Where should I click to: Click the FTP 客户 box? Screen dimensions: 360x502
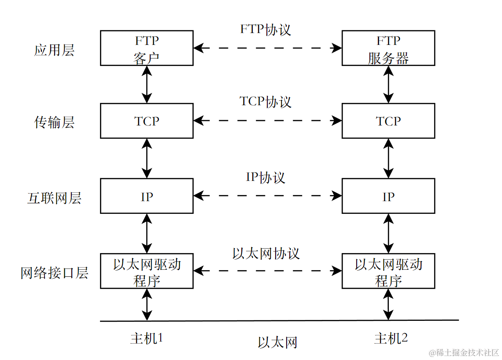[147, 48]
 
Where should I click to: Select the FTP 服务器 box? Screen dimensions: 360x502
[388, 48]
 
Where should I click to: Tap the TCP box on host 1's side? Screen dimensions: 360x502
[147, 121]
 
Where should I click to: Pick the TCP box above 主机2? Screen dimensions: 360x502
[388, 121]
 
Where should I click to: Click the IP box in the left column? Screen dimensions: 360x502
[147, 196]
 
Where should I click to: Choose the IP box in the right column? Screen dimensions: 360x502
[388, 196]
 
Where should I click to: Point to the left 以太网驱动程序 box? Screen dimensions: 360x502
[147, 271]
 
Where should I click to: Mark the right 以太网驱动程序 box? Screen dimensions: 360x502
[388, 271]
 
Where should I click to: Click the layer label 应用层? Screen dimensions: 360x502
[54, 50]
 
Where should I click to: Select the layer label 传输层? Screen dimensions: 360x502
[54, 122]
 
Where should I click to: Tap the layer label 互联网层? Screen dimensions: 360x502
[54, 198]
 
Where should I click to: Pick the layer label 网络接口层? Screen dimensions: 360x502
[54, 273]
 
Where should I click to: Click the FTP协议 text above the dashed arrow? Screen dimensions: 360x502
[265, 29]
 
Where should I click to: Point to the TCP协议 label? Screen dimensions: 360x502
[265, 102]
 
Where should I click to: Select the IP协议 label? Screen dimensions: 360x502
[265, 177]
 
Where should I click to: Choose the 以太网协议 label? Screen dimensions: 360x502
[266, 253]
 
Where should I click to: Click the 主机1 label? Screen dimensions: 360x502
[147, 338]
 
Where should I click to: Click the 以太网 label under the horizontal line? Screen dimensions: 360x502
[277, 342]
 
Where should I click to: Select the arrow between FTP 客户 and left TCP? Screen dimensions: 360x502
[147, 84]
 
